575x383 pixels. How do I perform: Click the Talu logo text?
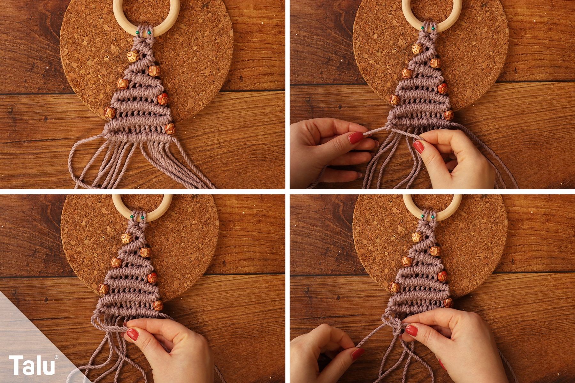point(32,365)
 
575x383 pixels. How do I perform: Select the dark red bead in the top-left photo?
point(163,99)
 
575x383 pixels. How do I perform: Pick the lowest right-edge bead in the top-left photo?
point(170,128)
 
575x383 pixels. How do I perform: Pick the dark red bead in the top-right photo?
point(443,88)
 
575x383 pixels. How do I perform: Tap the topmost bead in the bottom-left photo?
point(126,238)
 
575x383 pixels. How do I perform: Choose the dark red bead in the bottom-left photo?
point(152,278)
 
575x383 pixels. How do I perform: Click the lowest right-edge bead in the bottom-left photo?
point(158,305)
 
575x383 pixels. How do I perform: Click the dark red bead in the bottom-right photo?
point(443,276)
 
